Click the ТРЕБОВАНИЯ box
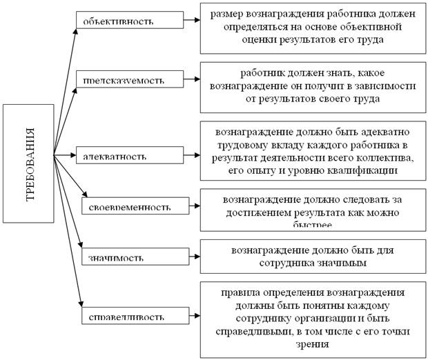point(28,163)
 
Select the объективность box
point(129,21)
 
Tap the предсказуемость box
point(129,78)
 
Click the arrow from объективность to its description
point(191,21)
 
